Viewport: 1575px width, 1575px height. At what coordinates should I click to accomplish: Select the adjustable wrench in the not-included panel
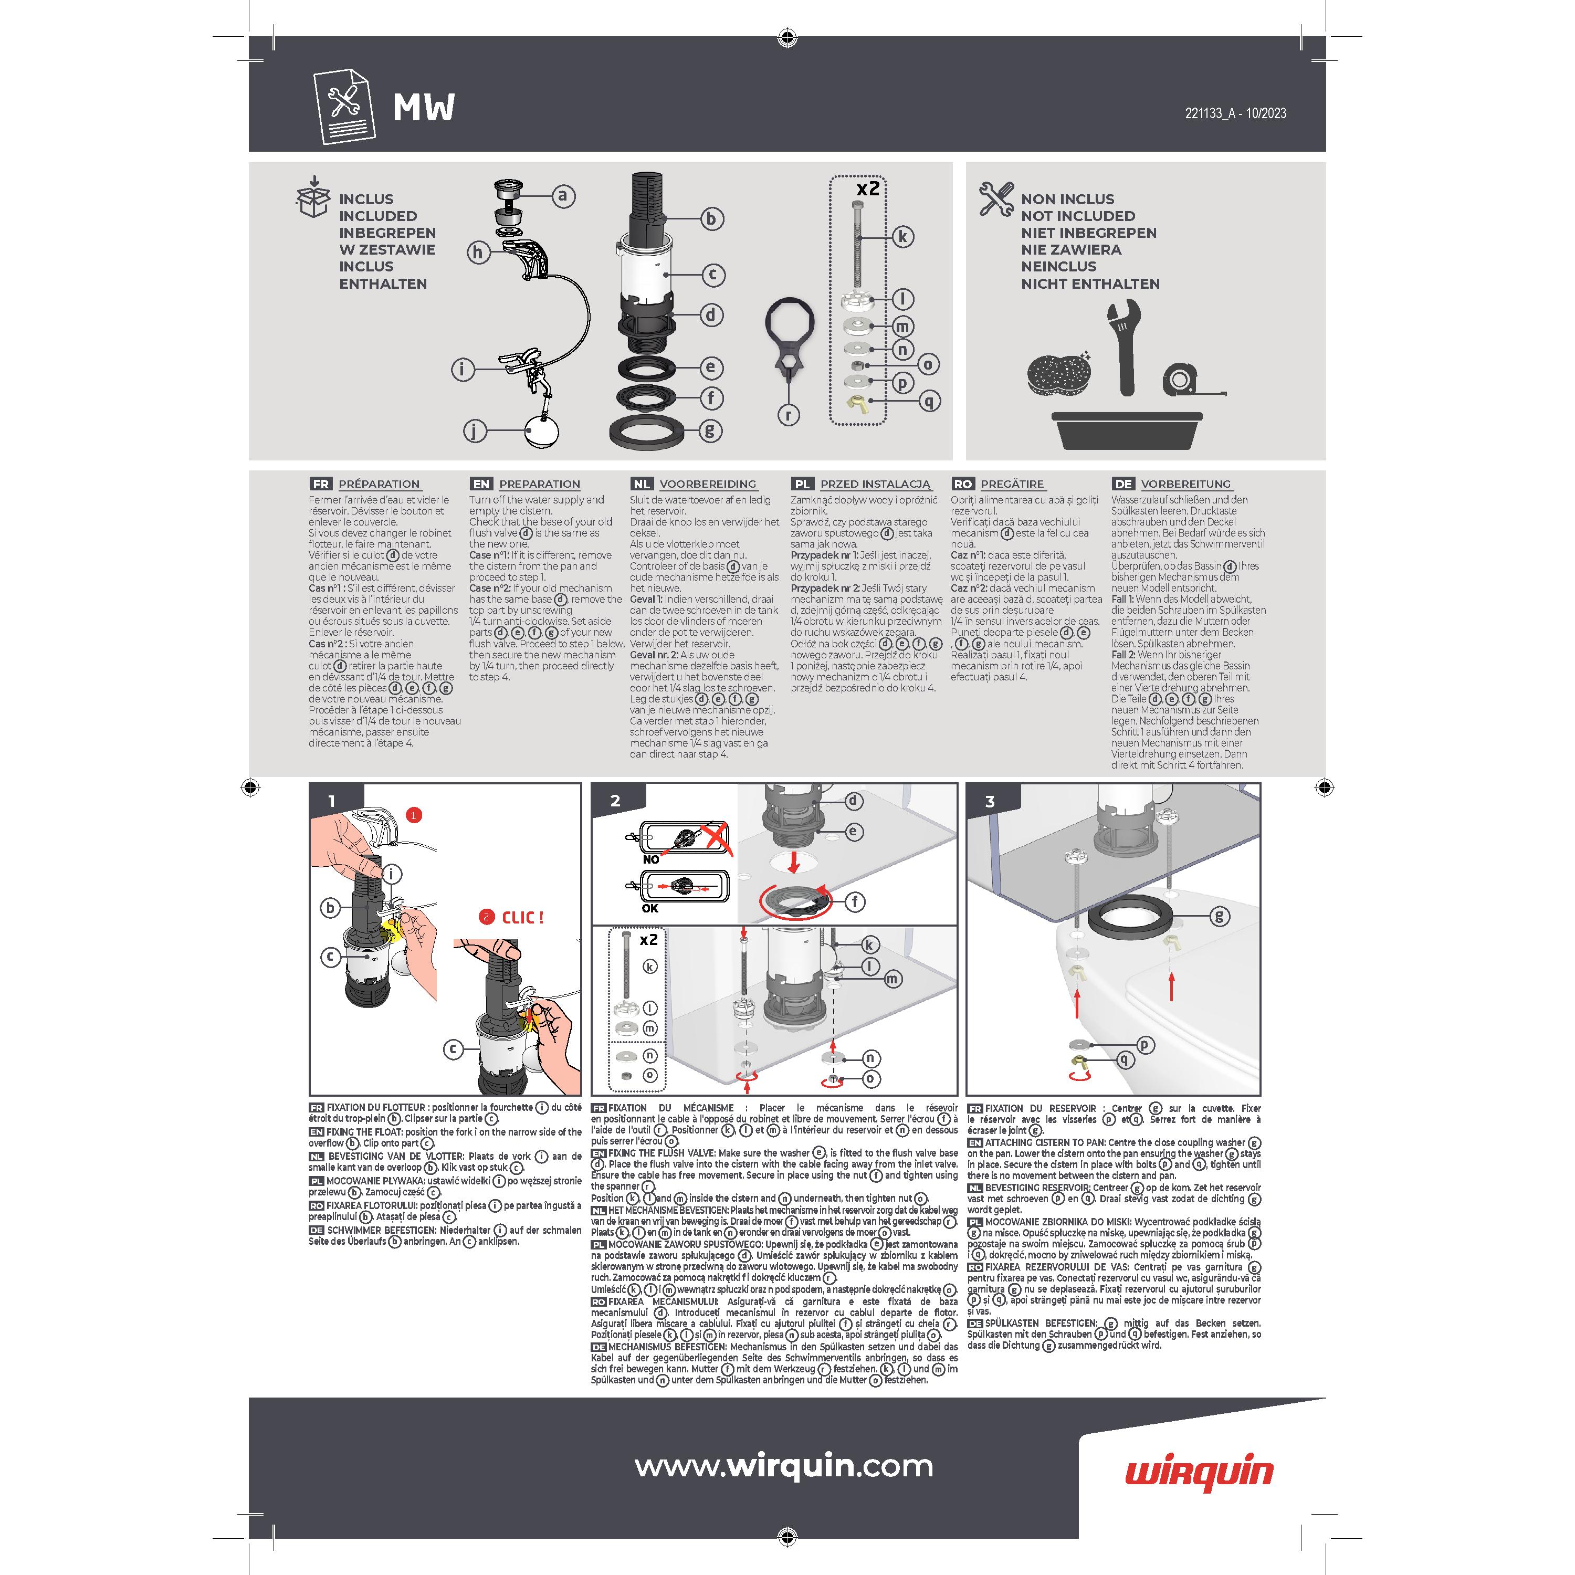(x=1123, y=347)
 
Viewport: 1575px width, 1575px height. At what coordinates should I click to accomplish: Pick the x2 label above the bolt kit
(x=868, y=188)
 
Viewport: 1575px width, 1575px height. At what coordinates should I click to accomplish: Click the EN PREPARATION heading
(x=526, y=484)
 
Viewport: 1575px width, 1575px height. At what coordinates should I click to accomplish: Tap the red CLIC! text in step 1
(x=522, y=918)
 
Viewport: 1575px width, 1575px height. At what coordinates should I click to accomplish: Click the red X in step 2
(x=716, y=836)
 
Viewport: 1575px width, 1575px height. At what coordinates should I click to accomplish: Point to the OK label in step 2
(x=650, y=908)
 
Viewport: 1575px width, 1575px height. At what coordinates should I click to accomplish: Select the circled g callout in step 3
(x=1219, y=916)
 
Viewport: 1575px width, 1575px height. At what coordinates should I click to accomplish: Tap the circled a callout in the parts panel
(x=562, y=196)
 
